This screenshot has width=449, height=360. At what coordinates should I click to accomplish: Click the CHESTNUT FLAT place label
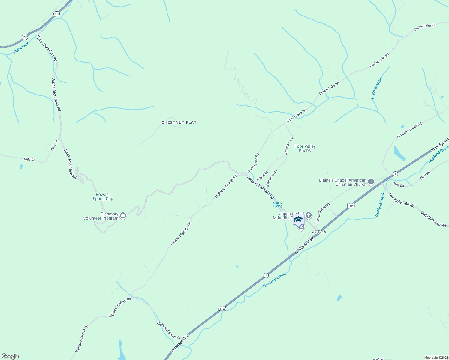click(x=179, y=122)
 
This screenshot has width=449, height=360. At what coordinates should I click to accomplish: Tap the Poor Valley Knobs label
click(x=305, y=148)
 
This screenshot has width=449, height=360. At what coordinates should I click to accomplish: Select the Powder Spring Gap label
click(x=103, y=196)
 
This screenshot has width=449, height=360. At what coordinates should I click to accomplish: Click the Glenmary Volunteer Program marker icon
click(x=123, y=215)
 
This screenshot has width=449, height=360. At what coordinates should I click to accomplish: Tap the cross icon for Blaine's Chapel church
click(x=371, y=181)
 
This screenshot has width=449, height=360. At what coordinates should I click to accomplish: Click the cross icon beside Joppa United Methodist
click(x=309, y=215)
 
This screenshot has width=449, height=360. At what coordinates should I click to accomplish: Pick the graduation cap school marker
click(x=298, y=219)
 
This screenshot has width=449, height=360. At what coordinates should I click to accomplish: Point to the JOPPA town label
click(x=319, y=232)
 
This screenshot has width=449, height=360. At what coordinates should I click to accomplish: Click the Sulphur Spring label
click(x=278, y=205)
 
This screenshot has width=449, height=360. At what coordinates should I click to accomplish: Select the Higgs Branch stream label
click(x=376, y=88)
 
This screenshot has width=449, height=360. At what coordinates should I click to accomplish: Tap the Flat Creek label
click(x=21, y=48)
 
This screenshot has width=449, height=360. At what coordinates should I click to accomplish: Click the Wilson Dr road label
click(x=262, y=176)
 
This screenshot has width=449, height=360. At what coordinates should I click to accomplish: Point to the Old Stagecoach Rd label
click(x=409, y=130)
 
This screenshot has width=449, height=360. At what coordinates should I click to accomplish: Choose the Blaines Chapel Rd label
click(x=323, y=213)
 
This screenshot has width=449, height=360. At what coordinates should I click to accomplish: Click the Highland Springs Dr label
click(x=169, y=330)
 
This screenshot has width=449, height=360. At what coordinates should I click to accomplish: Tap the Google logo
click(x=10, y=356)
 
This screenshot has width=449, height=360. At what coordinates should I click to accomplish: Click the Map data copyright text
click(x=436, y=358)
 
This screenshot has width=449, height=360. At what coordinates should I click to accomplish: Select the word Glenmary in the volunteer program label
click(x=109, y=214)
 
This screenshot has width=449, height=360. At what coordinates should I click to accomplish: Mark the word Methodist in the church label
click(x=281, y=218)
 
